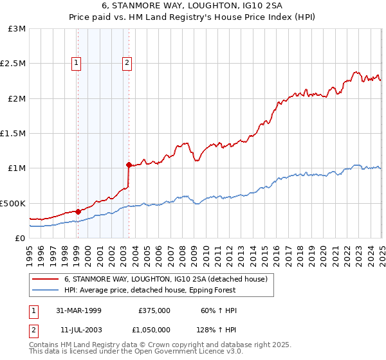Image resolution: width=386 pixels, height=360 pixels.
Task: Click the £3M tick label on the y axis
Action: (x=18, y=29)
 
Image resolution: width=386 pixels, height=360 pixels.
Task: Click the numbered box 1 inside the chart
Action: (x=77, y=62)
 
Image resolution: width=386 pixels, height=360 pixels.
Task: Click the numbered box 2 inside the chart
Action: (x=127, y=62)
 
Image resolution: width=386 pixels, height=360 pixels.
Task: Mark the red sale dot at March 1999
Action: (x=78, y=212)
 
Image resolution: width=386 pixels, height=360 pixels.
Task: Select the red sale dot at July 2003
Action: (x=129, y=165)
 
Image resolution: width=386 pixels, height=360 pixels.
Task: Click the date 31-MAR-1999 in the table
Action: (x=79, y=310)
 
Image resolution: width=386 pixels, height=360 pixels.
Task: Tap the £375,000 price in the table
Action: (x=154, y=310)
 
